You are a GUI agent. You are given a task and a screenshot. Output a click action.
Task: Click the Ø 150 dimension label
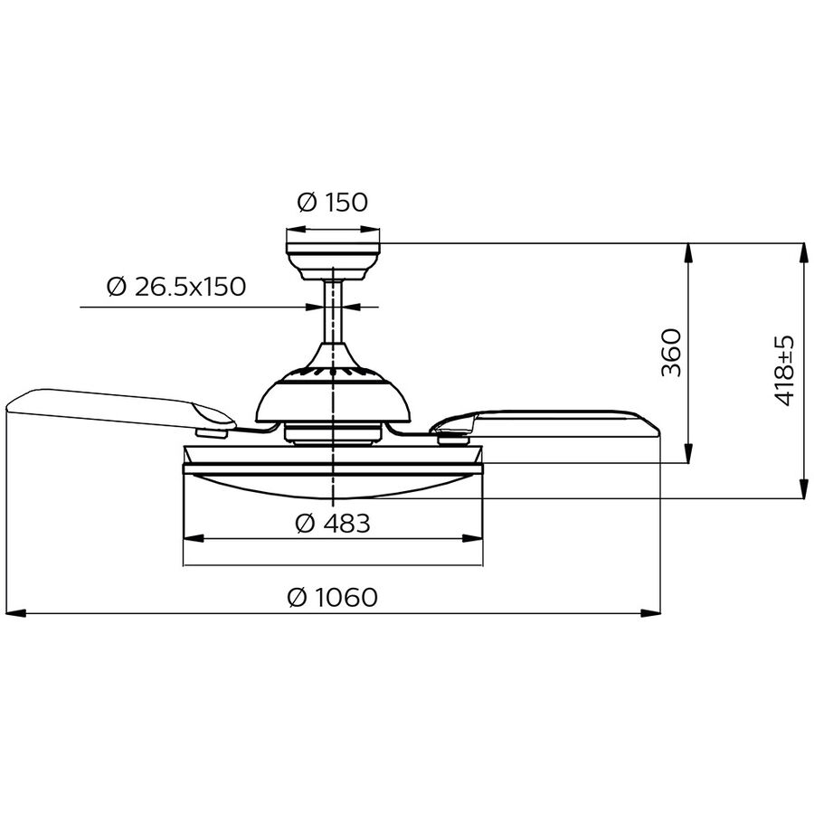pos(333,203)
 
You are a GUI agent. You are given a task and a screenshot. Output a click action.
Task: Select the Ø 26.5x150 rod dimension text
pos(175,287)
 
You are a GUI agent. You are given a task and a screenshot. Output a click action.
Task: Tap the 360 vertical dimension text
pos(670,353)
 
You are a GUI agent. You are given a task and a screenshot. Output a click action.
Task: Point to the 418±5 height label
pos(784,371)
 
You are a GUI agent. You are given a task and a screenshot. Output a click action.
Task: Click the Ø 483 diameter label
pos(333,524)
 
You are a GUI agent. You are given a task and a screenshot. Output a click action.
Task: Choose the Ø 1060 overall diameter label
pos(332,598)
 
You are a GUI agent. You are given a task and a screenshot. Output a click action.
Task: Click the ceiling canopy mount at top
pos(333,259)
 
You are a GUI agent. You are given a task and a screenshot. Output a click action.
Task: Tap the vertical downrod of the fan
pos(333,312)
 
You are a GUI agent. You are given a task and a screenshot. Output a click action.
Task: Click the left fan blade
pos(118,407)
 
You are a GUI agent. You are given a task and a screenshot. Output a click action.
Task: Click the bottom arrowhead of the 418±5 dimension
pos(803,489)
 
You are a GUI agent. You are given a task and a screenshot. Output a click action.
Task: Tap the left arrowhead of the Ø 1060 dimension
pos(15,613)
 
